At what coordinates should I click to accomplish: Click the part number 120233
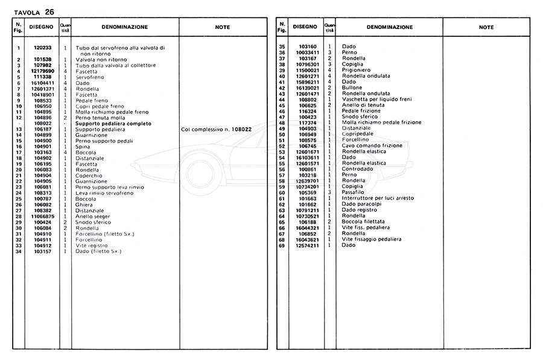tap(42, 48)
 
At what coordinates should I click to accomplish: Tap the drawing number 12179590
tap(42, 71)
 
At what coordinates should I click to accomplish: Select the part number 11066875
tap(42, 216)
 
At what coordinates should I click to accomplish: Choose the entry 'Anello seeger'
tap(93, 216)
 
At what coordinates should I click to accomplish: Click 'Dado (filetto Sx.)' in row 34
tap(98, 251)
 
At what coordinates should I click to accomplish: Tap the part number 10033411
tap(307, 52)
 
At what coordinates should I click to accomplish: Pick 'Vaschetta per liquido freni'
tap(376, 99)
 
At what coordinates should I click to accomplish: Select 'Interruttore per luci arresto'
tap(378, 198)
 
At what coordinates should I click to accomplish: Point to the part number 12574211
tap(307, 245)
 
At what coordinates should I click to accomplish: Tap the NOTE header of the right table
tap(486, 27)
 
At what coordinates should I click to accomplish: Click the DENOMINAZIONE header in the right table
tap(390, 27)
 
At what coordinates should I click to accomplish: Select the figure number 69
tap(281, 245)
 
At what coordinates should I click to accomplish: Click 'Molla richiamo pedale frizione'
tap(381, 123)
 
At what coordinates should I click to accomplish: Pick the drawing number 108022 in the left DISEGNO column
tap(42, 124)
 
